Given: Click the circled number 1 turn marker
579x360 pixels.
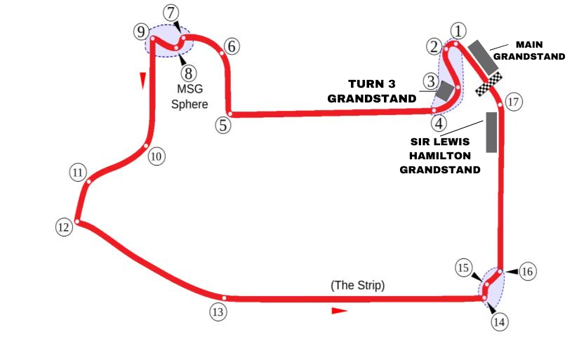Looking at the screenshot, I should (x=458, y=31).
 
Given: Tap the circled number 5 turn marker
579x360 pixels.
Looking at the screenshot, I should (x=222, y=126).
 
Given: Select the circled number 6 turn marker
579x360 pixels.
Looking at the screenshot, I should (x=232, y=46).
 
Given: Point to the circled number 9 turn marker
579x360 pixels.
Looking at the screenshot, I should (x=141, y=32).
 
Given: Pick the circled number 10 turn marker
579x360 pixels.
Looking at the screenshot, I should (x=157, y=156).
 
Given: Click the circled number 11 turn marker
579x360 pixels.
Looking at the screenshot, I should (x=78, y=173).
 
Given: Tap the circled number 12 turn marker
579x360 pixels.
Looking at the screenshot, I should (x=64, y=227).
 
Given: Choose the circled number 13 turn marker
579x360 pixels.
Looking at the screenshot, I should (x=218, y=312).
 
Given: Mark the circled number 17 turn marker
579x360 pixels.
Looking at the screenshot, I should (x=513, y=102).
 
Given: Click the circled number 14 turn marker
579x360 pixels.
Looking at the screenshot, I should (x=499, y=322).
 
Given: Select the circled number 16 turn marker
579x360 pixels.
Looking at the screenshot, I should (x=527, y=271).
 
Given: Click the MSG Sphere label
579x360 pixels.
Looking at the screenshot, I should (x=192, y=97).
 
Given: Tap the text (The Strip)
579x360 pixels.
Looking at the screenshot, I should (x=357, y=286).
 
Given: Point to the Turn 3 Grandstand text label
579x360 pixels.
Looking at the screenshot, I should (x=372, y=91).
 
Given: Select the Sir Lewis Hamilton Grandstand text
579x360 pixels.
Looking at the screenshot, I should (x=440, y=154).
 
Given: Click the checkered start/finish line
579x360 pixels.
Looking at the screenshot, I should (x=488, y=84).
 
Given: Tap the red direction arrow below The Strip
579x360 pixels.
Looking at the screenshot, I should (x=340, y=310).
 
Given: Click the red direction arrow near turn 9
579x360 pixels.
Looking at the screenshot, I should (x=142, y=80).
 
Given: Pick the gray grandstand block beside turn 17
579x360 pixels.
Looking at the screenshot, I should (x=491, y=131).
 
